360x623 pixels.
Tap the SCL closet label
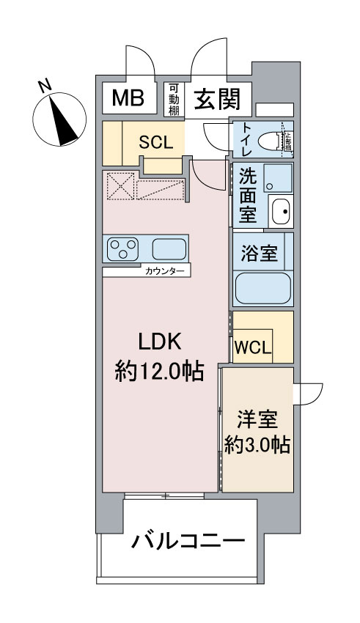156,143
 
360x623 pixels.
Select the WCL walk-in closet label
253,346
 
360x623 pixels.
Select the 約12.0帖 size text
159,372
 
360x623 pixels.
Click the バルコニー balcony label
188,543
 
